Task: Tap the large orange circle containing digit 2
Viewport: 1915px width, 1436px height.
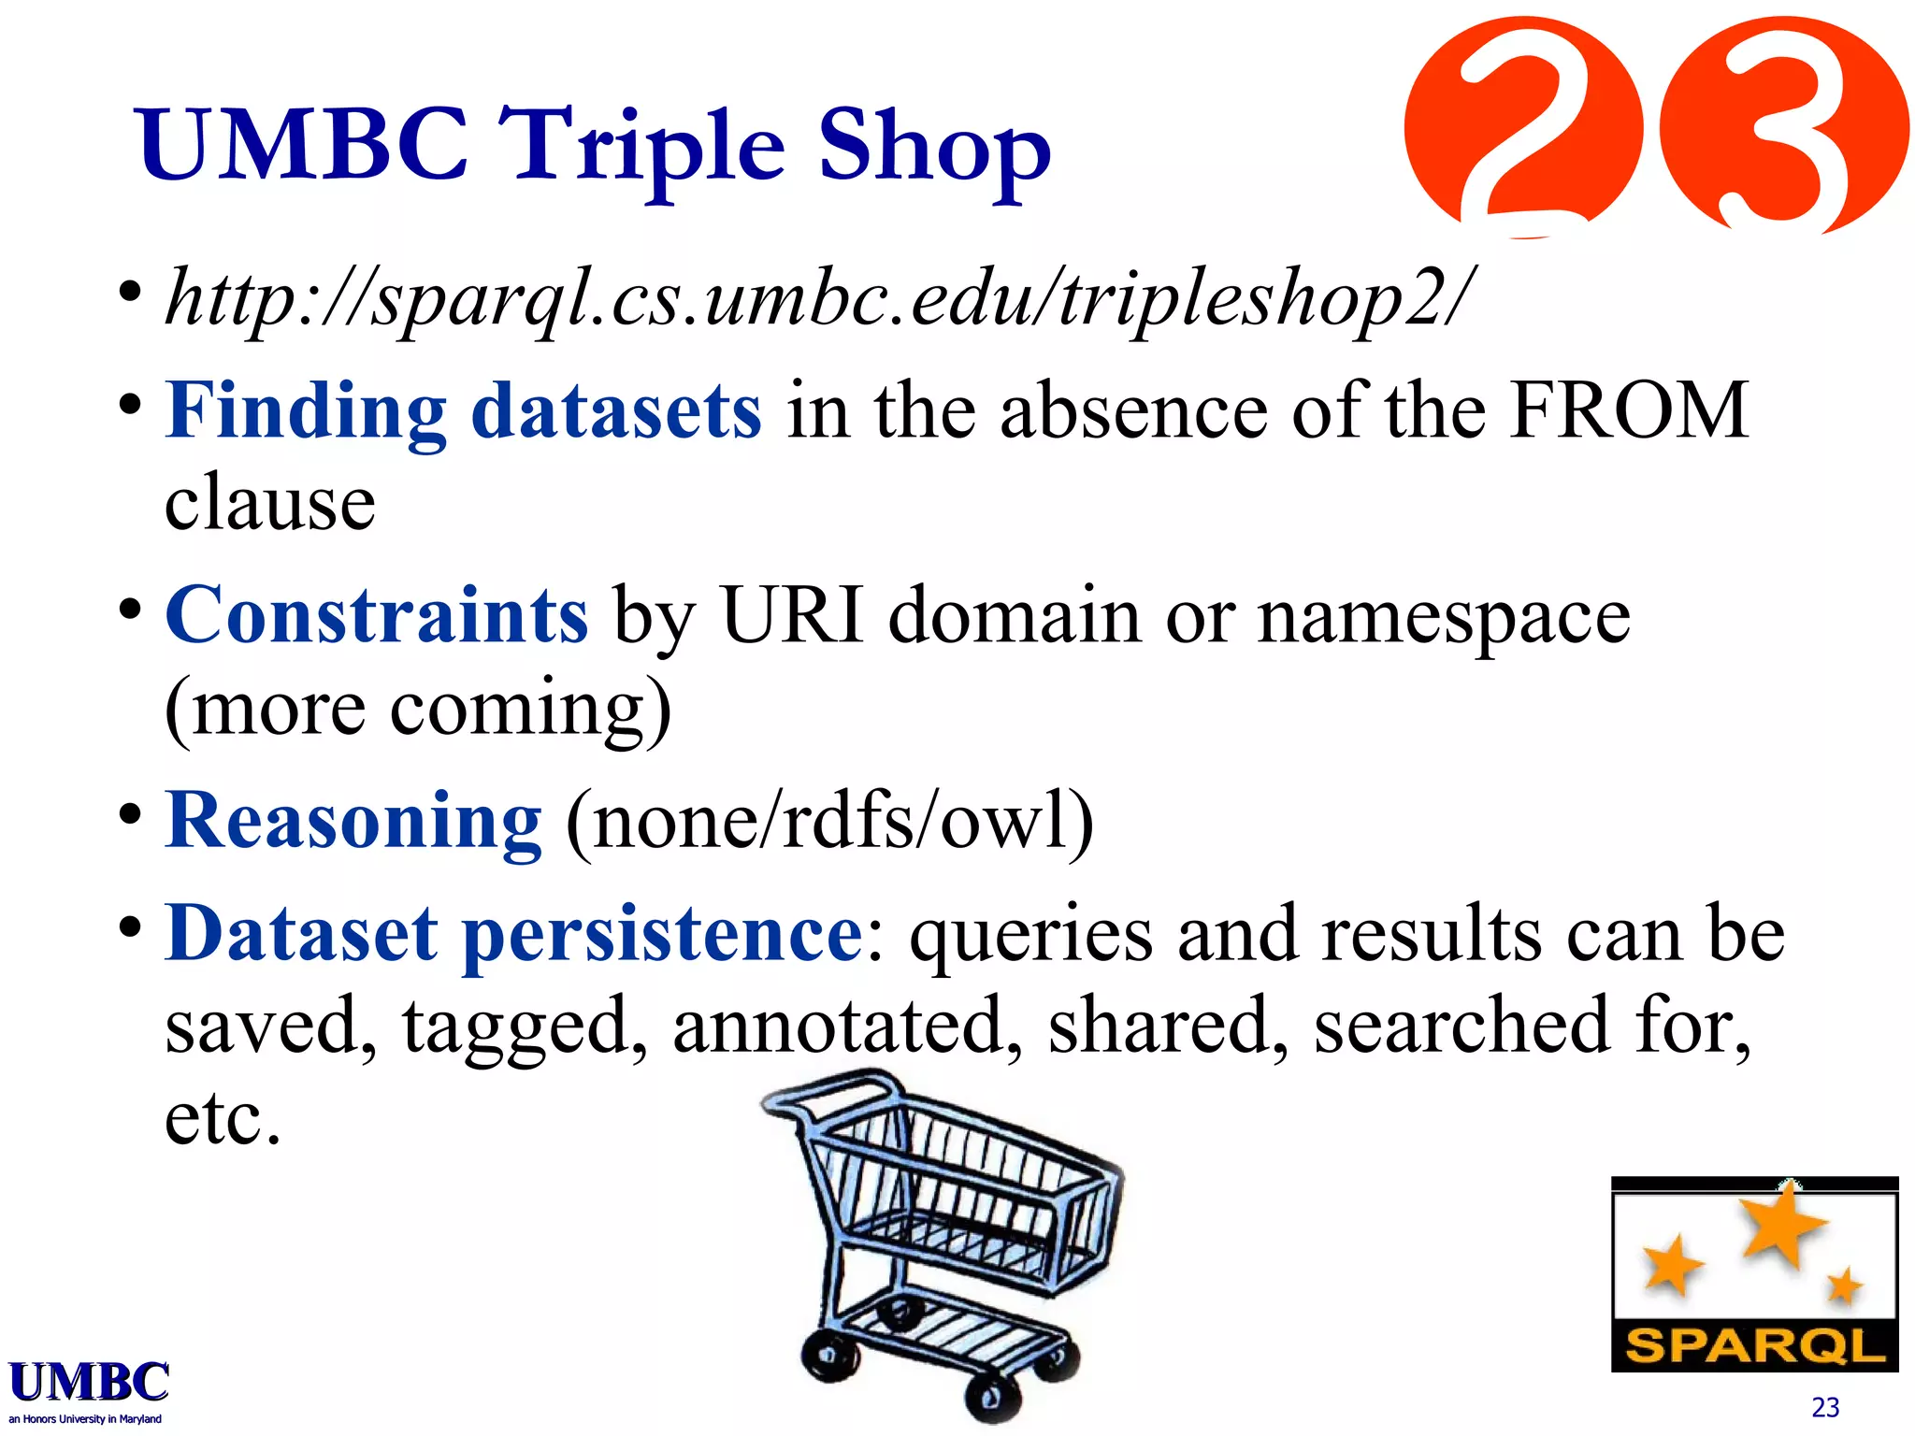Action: [x=1524, y=126]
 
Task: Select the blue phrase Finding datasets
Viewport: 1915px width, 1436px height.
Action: [x=463, y=411]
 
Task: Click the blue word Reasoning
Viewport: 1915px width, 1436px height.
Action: [x=353, y=821]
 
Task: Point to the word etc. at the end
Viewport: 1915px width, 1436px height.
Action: [x=223, y=1119]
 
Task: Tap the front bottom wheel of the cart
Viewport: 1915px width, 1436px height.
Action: [x=992, y=1398]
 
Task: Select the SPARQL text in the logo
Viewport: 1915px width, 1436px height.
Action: [x=1754, y=1347]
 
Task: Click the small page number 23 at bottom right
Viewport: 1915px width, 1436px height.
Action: [x=1824, y=1407]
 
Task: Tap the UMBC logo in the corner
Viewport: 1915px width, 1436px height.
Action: [x=89, y=1388]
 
